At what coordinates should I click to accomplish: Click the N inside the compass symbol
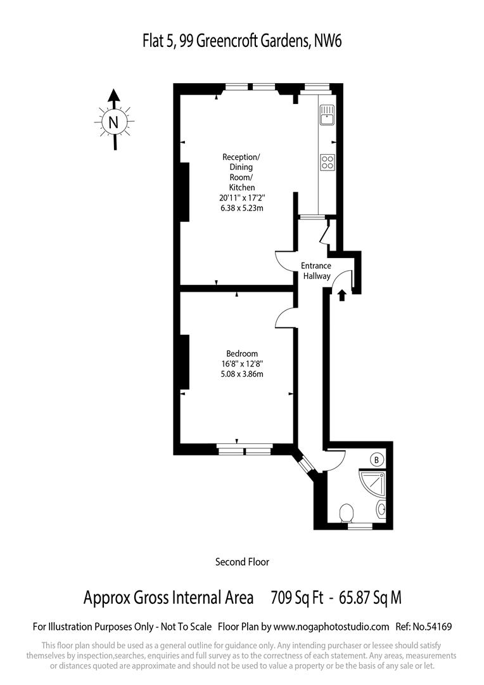(114, 122)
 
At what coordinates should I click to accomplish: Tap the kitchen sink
(327, 115)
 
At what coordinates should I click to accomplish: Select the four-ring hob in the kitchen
(327, 162)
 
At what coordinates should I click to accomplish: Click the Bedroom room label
(242, 353)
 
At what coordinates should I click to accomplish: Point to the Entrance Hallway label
(315, 271)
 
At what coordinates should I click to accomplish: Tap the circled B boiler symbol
(377, 459)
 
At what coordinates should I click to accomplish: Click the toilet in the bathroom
(347, 512)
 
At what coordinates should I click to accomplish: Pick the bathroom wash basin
(381, 508)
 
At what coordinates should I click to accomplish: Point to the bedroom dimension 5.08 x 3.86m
(242, 374)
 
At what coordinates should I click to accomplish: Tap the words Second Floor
(242, 561)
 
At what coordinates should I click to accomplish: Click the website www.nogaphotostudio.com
(331, 627)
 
